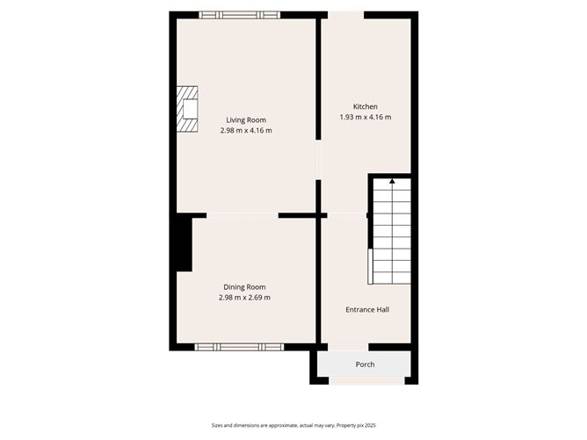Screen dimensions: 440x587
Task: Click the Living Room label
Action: point(245,120)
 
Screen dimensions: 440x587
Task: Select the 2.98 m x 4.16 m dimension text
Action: point(245,131)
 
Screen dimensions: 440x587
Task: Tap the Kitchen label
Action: point(365,107)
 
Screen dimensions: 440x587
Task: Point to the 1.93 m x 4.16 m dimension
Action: point(365,118)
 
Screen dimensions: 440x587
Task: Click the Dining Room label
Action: point(244,287)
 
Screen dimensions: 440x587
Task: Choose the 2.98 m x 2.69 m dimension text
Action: point(244,298)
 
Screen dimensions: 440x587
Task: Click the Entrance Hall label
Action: point(366,310)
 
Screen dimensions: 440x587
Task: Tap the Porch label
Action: point(365,364)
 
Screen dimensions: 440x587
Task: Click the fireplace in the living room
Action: point(187,108)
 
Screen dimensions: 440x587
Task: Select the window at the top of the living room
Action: point(239,15)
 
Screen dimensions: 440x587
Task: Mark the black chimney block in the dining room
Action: point(183,244)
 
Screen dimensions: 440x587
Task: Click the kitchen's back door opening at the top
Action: point(346,15)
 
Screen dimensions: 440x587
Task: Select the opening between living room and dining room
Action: point(243,215)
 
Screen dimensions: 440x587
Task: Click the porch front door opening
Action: point(365,380)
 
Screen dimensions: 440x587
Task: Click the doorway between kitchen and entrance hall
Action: point(346,215)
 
